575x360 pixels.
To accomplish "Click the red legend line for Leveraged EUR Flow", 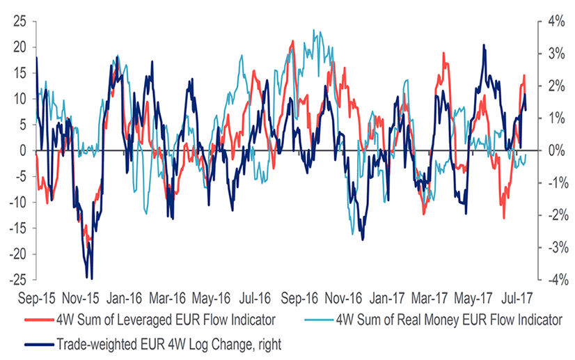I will click(x=38, y=321).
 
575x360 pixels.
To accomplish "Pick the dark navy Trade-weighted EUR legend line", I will click(x=38, y=343).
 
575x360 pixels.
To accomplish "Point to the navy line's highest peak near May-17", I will click(x=484, y=46).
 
